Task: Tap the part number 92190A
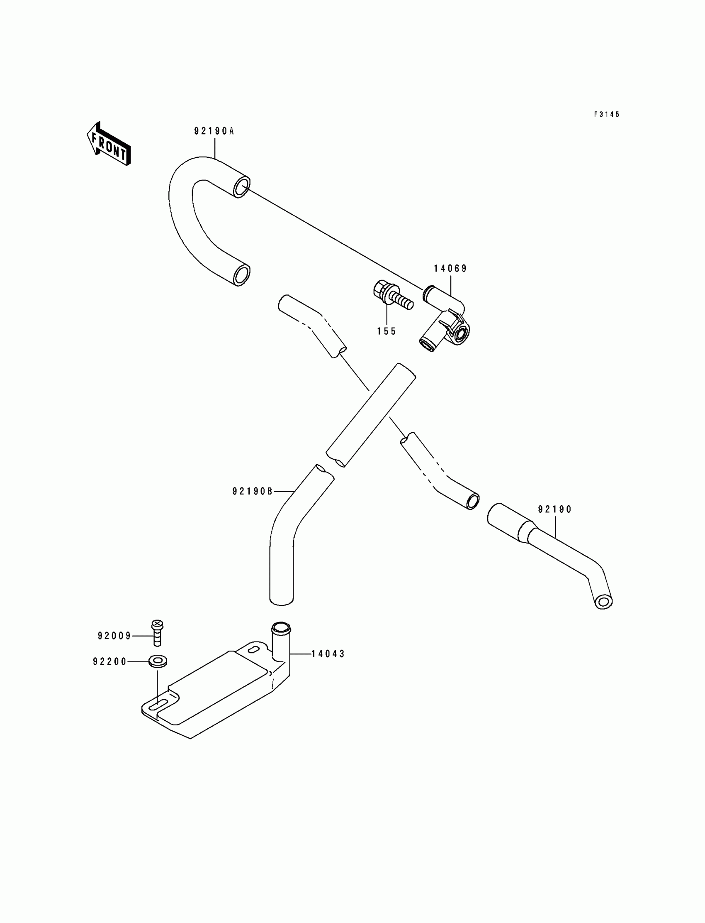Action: tap(214, 132)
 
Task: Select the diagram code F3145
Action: tap(606, 114)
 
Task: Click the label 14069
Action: tap(450, 269)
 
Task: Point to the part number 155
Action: tap(387, 331)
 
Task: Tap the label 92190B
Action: tap(253, 491)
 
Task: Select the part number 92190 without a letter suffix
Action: tap(555, 509)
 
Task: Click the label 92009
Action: tap(114, 636)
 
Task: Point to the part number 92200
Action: tap(109, 662)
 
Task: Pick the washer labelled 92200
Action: tap(158, 662)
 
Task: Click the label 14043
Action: tap(328, 654)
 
